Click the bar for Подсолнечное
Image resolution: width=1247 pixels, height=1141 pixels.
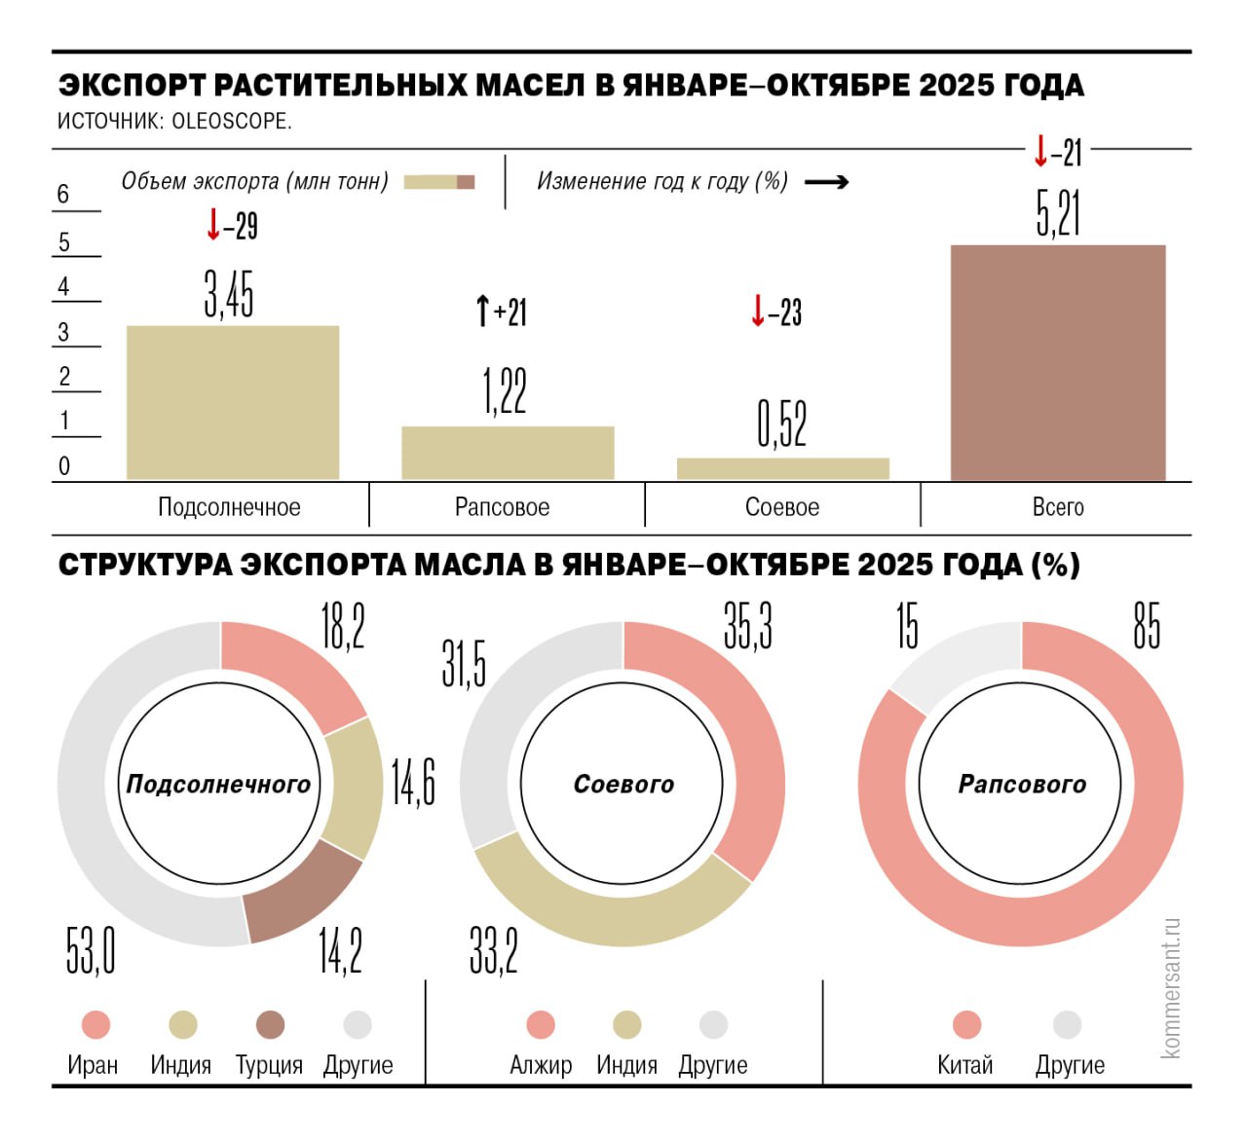point(233,402)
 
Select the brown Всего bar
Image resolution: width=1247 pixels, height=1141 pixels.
point(1057,362)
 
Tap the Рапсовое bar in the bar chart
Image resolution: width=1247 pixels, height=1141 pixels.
point(508,453)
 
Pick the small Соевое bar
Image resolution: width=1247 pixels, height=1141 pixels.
point(782,468)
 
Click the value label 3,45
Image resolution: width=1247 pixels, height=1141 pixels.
point(229,294)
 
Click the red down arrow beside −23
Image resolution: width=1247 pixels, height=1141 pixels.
point(757,312)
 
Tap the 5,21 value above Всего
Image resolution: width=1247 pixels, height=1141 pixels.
point(1058,214)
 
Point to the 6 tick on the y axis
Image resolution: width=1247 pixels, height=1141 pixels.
point(63,195)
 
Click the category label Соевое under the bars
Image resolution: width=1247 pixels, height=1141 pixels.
point(781,507)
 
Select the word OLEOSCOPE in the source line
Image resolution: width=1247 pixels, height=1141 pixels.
point(231,122)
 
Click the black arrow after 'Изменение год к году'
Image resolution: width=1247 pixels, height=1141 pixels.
point(826,182)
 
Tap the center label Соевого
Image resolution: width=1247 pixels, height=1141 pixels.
point(623,785)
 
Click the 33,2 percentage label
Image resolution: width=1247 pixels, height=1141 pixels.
point(494,951)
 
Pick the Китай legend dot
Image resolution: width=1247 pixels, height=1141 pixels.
point(966,1025)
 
